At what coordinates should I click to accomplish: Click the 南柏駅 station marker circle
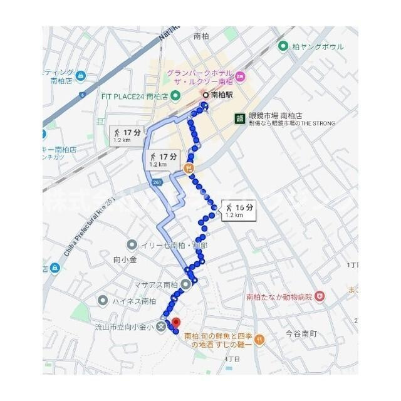point(205,95)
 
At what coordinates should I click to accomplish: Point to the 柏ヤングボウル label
point(313,46)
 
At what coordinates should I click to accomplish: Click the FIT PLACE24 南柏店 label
point(135,96)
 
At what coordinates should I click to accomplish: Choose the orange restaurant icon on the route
point(189,168)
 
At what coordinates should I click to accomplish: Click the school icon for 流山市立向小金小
point(162,325)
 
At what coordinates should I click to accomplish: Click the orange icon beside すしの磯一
point(261,340)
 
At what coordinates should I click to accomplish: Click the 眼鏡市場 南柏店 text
point(275,116)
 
